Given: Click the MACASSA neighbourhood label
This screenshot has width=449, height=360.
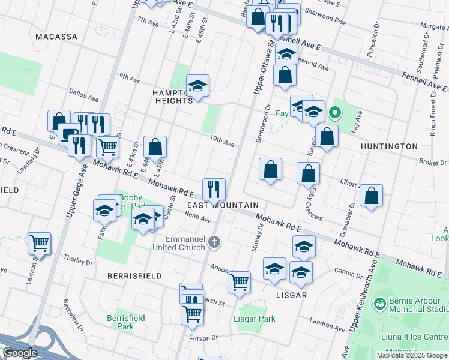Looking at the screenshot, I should click(x=56, y=37).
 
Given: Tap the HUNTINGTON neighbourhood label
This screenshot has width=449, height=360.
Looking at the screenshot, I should click(x=389, y=146).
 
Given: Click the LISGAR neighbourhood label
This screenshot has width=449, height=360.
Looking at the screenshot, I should click(x=292, y=295).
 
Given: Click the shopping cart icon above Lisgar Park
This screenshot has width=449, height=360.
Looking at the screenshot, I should click(x=239, y=281).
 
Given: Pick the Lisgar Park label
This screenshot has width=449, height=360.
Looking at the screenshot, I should click(x=255, y=319).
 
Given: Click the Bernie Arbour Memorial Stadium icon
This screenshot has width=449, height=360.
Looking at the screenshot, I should click(x=379, y=305).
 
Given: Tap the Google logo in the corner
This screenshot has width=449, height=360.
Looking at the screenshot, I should click(x=20, y=353).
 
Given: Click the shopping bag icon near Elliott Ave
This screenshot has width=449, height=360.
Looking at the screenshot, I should click(x=372, y=196).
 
